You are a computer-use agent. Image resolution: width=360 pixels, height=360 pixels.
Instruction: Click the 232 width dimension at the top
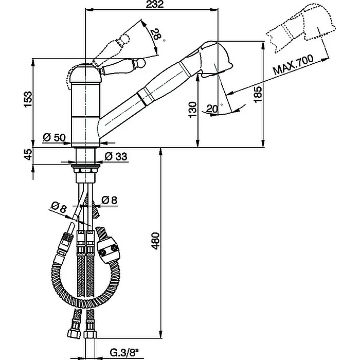point(155,4)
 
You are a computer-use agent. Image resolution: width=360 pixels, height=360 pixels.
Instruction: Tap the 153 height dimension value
point(28,99)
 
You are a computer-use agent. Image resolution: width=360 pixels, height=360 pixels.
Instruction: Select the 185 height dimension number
point(258,94)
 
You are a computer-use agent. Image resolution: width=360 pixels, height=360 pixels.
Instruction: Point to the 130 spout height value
point(193,110)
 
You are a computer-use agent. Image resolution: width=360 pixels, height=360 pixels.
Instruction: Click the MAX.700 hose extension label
point(293,64)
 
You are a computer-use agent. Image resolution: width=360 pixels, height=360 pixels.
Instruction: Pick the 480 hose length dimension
point(156,241)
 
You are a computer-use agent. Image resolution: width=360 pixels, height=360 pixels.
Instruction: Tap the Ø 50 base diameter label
point(54,137)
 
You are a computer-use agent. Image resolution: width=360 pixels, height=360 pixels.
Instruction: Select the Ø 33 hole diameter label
point(116,156)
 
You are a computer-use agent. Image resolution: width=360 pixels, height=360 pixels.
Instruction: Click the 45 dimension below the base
point(28,154)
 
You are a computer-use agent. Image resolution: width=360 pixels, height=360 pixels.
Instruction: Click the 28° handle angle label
point(157,34)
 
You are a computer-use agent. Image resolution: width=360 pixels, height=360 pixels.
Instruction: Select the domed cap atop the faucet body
point(85,74)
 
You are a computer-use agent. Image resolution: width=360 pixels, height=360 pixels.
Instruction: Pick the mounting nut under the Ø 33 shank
point(85,170)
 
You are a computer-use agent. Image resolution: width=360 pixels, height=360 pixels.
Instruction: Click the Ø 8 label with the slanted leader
point(58,208)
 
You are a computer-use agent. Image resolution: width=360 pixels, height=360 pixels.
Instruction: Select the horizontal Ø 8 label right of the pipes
point(109,200)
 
